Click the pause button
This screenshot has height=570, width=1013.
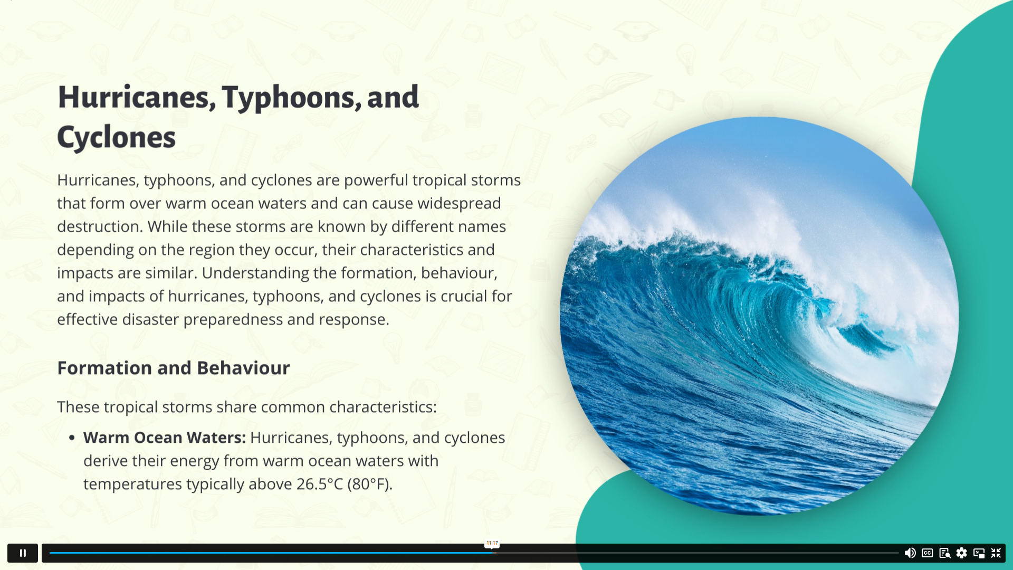tap(23, 553)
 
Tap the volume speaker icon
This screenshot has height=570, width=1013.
tap(910, 553)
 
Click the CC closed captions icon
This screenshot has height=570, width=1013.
tap(928, 553)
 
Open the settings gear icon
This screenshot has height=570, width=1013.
tap(962, 553)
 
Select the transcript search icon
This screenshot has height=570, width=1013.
tap(945, 553)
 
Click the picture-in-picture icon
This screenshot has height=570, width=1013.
tap(979, 553)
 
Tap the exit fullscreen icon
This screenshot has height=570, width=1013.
tap(996, 553)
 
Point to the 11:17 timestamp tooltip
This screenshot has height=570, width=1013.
tap(492, 543)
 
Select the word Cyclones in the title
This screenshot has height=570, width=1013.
tap(116, 138)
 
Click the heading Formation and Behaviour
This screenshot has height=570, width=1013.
tap(174, 368)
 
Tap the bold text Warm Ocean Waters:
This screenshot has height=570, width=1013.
tap(165, 438)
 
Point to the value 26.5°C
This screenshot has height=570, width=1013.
tap(320, 484)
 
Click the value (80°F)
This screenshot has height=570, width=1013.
tap(370, 484)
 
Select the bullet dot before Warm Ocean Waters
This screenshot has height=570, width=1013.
tap(72, 438)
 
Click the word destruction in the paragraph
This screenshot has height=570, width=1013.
tap(100, 226)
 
